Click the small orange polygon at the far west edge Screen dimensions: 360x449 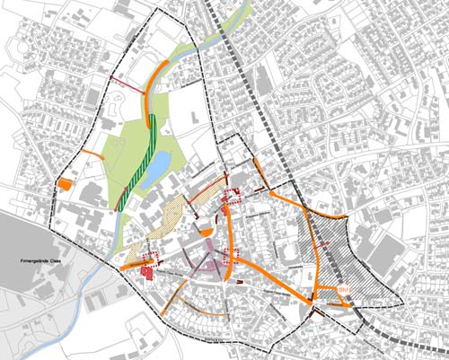(65, 184)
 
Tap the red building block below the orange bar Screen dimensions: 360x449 (145, 272)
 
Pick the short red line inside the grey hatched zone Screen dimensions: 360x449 (324, 243)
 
